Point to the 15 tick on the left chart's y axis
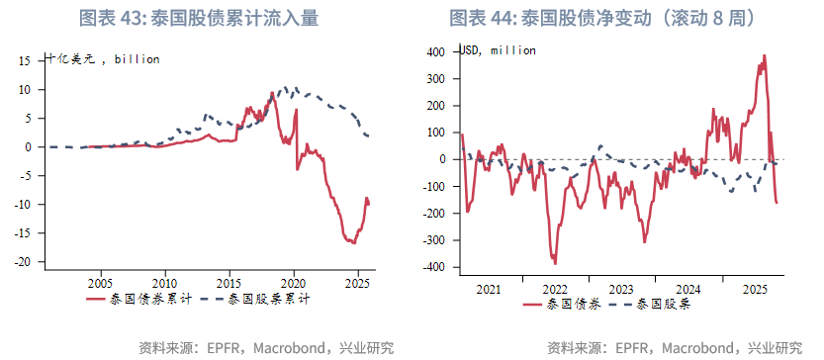click(27, 60)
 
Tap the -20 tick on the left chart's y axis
click(24, 262)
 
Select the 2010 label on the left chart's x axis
click(165, 281)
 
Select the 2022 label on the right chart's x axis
click(555, 290)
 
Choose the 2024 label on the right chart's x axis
click(688, 290)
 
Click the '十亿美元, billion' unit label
click(103, 59)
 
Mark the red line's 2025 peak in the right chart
click(764, 55)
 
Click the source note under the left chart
click(267, 347)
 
